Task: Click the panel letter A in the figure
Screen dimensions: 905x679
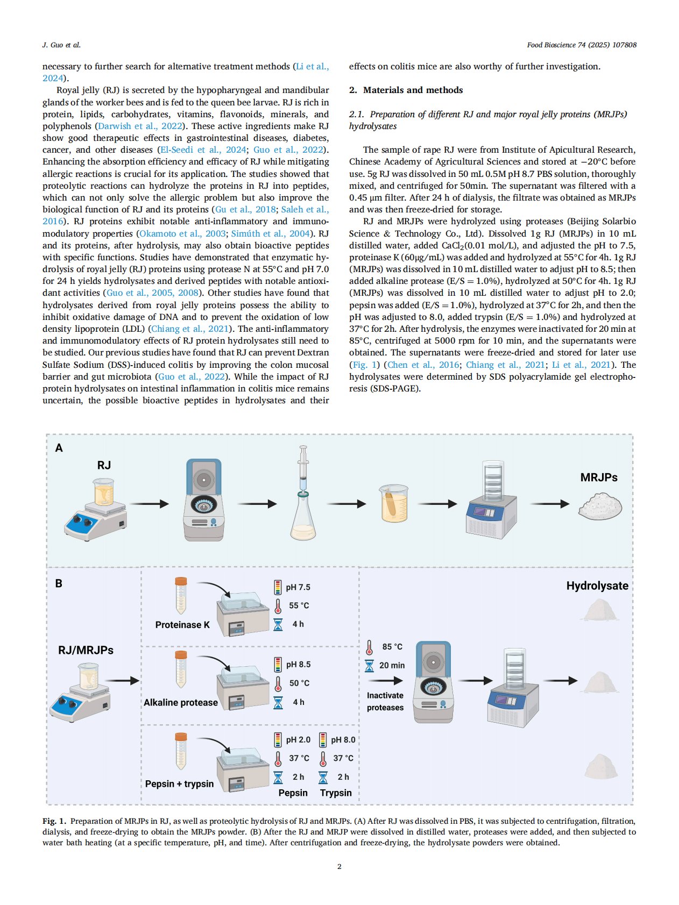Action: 59,448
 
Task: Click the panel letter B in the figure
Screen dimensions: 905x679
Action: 59,583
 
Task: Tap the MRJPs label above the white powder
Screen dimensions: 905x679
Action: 599,477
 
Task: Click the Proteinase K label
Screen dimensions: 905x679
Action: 182,625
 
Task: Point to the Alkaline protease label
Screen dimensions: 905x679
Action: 181,702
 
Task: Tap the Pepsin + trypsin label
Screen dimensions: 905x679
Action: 179,783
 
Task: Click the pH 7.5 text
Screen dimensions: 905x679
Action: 298,587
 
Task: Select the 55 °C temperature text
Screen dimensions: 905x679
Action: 299,605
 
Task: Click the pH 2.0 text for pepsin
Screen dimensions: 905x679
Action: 298,740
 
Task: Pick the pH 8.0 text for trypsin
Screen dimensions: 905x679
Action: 343,740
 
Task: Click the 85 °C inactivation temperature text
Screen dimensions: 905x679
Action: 392,647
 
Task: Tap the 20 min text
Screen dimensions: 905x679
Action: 392,665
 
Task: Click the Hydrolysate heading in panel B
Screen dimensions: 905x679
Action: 597,586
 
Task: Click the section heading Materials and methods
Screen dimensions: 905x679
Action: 413,90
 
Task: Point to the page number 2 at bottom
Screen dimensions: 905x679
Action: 339,866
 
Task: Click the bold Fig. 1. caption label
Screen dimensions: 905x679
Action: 54,821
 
